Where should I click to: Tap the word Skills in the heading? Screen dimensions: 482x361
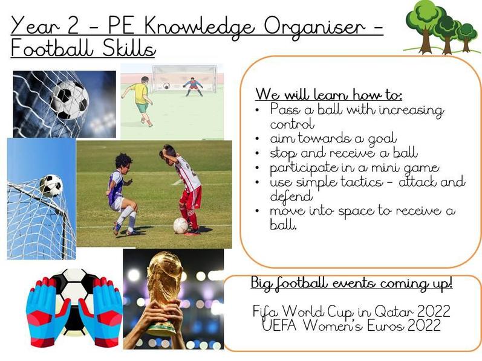(129, 49)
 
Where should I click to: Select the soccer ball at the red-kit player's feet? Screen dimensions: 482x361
(181, 226)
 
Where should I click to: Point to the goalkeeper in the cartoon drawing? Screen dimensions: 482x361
(193, 86)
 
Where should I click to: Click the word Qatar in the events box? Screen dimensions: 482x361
(389, 311)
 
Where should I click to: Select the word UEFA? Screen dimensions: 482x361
(279, 325)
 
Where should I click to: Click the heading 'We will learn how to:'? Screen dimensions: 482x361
(328, 94)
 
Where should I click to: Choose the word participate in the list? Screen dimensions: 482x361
(304, 168)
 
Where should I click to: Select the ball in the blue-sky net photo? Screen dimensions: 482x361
(51, 185)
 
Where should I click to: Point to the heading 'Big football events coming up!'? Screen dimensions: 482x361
(351, 283)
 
